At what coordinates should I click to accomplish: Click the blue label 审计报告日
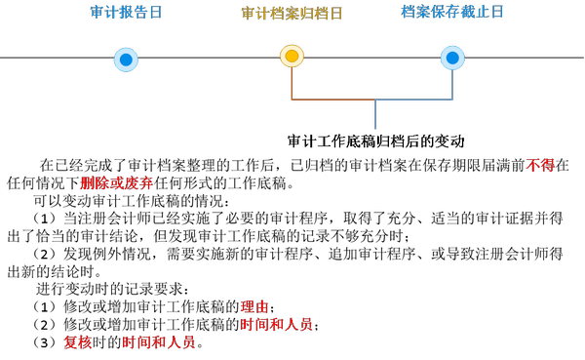tap(126, 13)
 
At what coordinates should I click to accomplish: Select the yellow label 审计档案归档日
tap(292, 14)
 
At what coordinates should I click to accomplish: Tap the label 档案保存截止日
tap(452, 12)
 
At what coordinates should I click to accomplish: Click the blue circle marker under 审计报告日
tap(126, 60)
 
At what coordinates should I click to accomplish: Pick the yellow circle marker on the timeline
tap(292, 57)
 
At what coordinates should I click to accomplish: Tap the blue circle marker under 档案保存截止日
tap(452, 58)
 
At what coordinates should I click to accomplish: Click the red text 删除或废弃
tap(117, 182)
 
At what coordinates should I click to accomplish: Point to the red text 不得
tap(540, 166)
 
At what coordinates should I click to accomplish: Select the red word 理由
tap(254, 306)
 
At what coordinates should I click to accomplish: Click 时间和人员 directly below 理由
tap(276, 324)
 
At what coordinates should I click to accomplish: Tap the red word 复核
tap(78, 342)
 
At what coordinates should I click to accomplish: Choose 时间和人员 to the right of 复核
tap(158, 342)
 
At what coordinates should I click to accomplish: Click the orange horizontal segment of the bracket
tap(332, 100)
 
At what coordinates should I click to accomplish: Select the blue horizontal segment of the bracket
tap(414, 100)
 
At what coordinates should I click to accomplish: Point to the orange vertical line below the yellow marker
tap(292, 84)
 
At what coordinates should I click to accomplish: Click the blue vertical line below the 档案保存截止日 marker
tap(452, 85)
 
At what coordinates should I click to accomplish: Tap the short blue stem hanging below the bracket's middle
tap(375, 115)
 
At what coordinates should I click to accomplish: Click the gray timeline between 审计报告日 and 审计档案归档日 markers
tap(209, 58)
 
